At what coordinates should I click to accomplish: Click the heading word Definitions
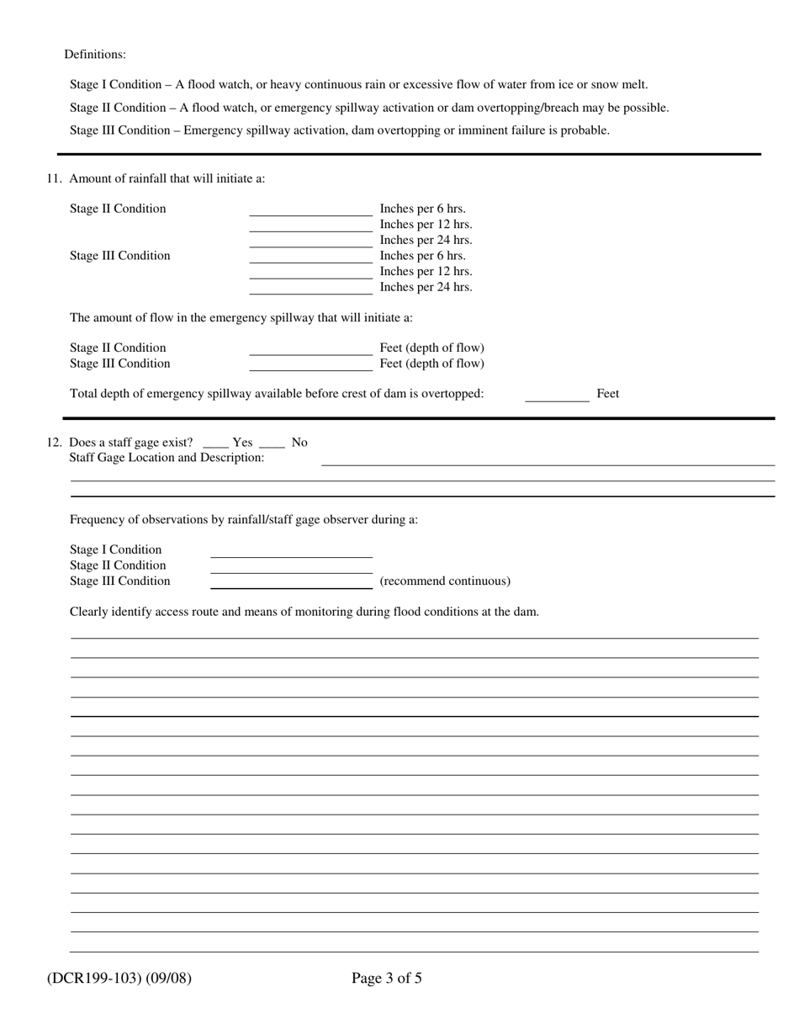click(95, 55)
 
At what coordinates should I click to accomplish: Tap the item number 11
click(55, 178)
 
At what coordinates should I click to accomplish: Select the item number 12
click(55, 443)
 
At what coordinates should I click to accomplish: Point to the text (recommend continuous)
click(445, 581)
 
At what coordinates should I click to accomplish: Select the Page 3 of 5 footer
click(387, 978)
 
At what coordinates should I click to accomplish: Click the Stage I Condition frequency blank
click(291, 551)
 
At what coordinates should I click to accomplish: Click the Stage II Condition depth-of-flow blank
click(310, 349)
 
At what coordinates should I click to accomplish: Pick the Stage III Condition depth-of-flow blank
click(310, 365)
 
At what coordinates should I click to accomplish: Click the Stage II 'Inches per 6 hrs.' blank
click(310, 210)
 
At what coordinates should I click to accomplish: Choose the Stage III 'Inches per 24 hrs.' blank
click(310, 289)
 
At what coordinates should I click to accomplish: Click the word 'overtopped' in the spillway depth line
click(453, 394)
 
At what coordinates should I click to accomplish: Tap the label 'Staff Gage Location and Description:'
click(167, 458)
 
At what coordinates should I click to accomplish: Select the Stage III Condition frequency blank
click(291, 582)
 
